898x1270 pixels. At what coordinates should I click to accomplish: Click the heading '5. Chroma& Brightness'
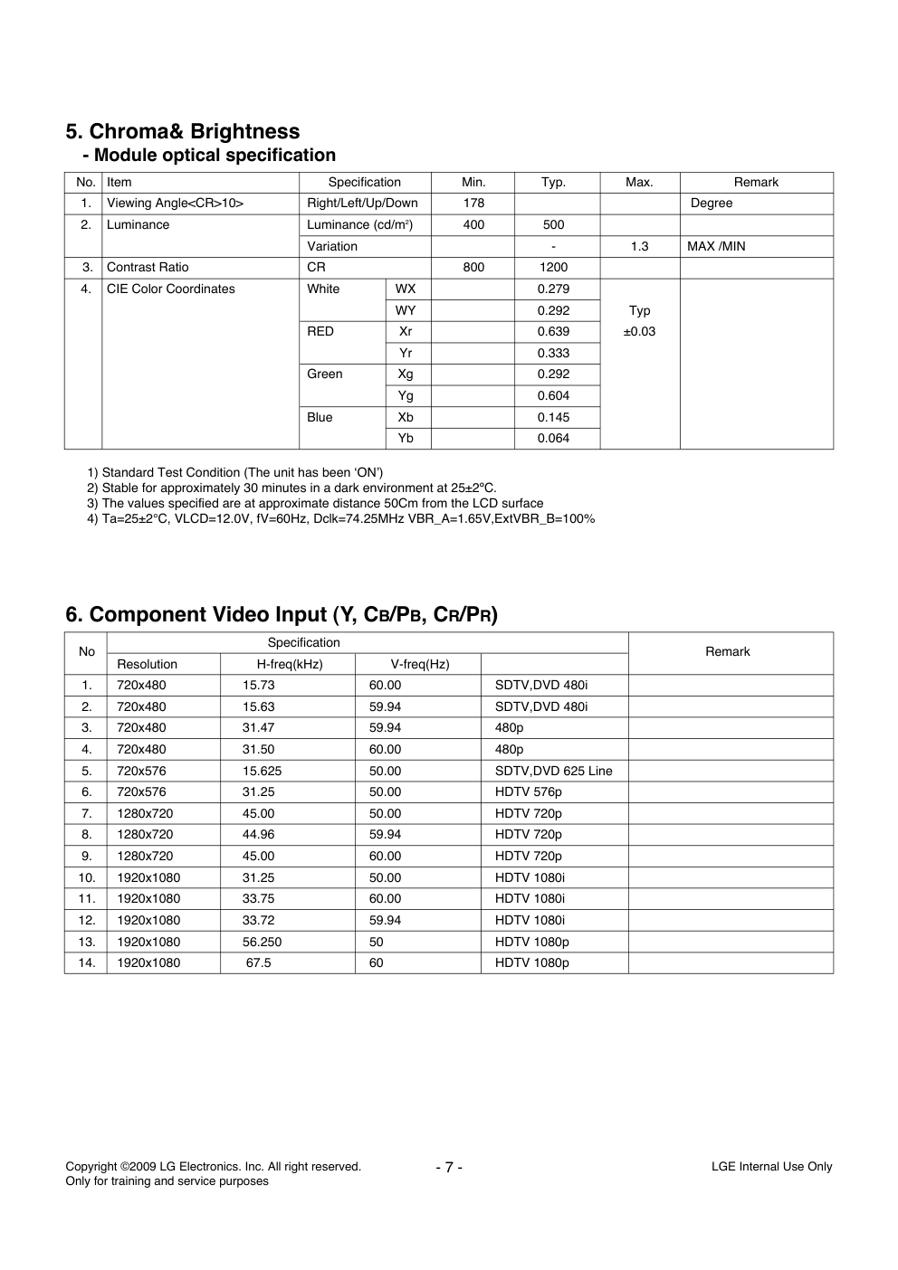tap(182, 132)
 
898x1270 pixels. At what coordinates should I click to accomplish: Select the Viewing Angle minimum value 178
tap(473, 204)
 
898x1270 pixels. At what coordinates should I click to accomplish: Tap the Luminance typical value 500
tap(553, 225)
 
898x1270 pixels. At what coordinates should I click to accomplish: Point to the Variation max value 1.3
tap(639, 246)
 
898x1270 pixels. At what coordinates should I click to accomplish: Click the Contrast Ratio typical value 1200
tap(553, 268)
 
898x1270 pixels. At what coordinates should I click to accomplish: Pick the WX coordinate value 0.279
tap(553, 289)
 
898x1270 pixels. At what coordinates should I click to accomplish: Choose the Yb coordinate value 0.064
tap(553, 439)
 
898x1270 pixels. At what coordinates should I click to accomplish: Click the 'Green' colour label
tap(325, 374)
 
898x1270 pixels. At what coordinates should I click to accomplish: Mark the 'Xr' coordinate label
tap(406, 332)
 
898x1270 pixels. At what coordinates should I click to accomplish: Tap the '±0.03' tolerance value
tap(639, 332)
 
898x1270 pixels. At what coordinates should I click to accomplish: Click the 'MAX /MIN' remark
tap(716, 246)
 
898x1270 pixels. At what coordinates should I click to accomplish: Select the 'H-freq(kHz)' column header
tap(290, 665)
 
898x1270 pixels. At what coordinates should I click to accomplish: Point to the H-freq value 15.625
tap(262, 772)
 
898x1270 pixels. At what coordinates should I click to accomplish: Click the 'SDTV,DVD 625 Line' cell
tap(553, 772)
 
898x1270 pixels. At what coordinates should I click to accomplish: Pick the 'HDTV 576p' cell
tap(528, 792)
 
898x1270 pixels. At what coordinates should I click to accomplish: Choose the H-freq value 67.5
tap(259, 963)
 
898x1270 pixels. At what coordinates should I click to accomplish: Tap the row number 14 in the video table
tap(86, 963)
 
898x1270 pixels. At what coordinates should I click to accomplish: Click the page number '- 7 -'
tap(449, 1167)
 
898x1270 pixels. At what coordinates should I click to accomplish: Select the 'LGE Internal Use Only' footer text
tap(771, 1167)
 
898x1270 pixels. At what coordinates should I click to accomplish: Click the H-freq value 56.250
tap(262, 942)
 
